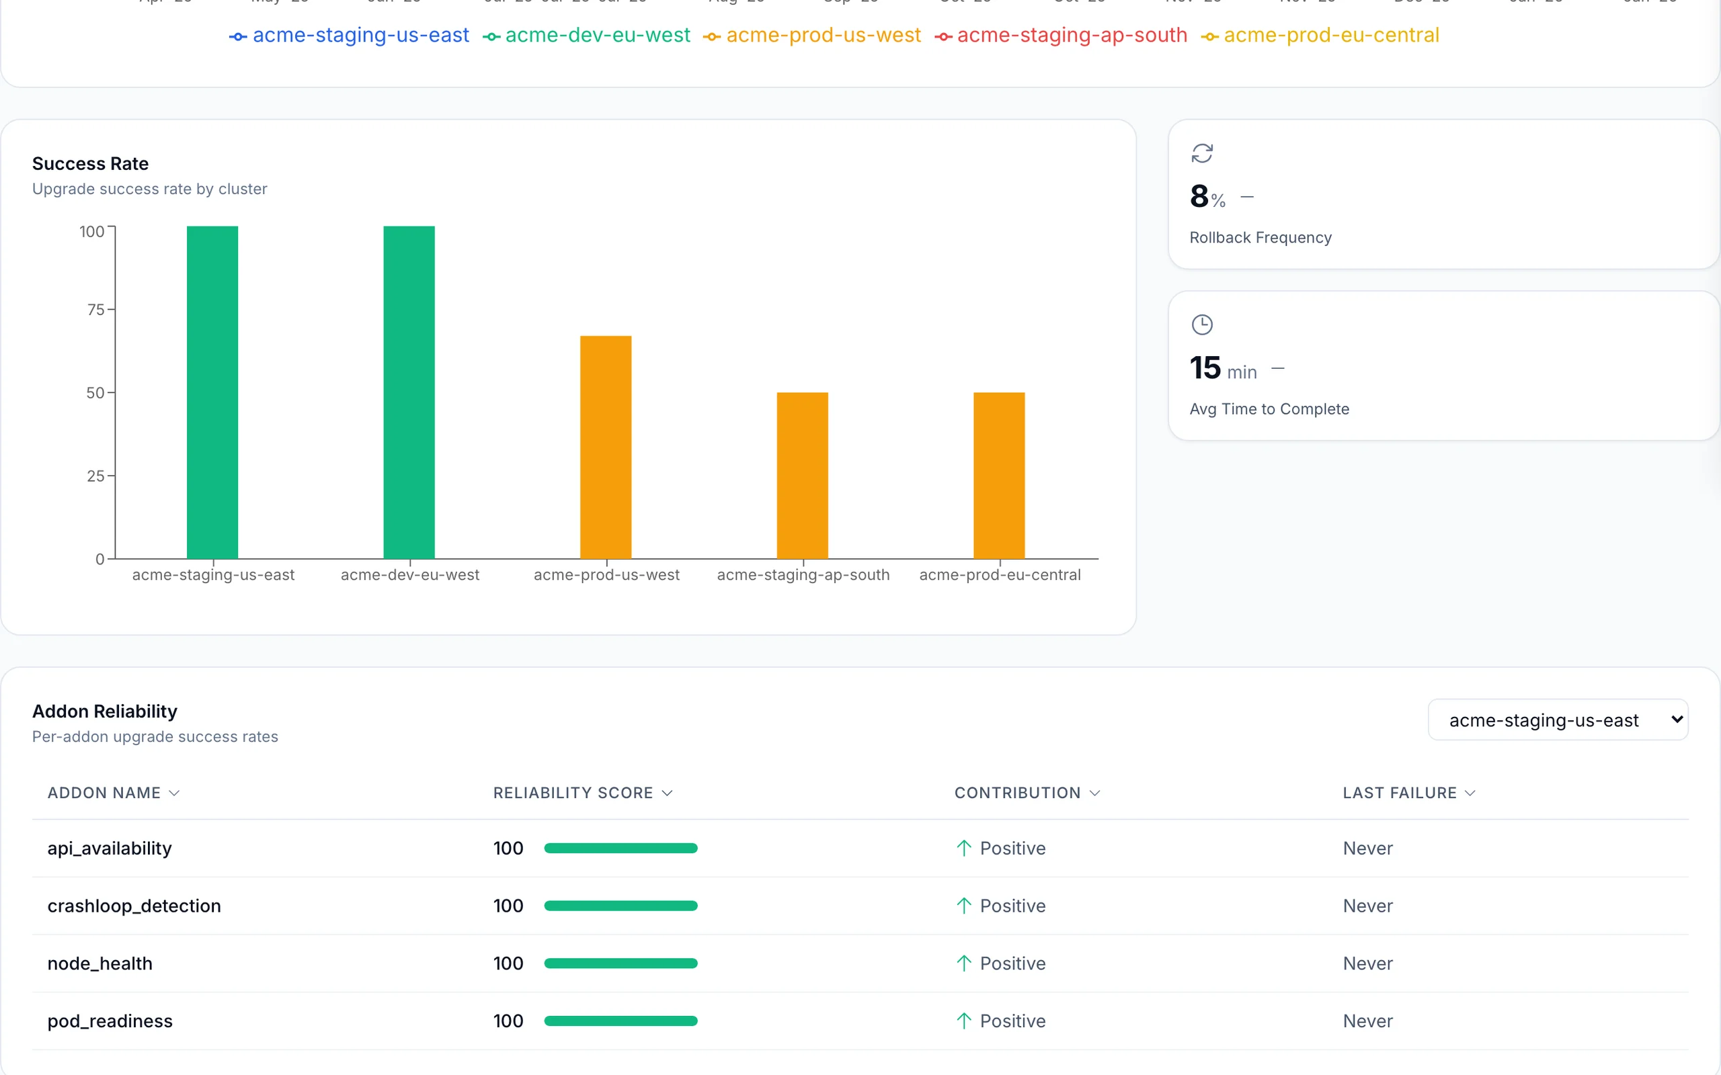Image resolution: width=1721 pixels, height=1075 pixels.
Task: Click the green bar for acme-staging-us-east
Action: (x=212, y=392)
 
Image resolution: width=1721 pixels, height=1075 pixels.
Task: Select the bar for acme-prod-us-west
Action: (x=606, y=447)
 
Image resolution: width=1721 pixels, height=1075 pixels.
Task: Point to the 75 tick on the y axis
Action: (x=96, y=309)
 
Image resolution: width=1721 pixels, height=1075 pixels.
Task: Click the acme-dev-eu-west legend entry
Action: (x=587, y=36)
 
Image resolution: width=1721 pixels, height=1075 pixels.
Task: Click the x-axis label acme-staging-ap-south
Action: (x=803, y=574)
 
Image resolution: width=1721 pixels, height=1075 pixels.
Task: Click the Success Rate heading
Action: (x=90, y=163)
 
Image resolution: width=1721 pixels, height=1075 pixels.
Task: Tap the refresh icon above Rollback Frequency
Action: (x=1202, y=154)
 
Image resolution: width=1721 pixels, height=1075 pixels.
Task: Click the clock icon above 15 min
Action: (x=1202, y=325)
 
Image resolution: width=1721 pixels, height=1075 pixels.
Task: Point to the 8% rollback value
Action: (x=1207, y=197)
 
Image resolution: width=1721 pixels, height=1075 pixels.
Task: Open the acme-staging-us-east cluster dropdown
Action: (x=1558, y=720)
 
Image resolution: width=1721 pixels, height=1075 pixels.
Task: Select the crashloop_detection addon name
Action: (x=134, y=906)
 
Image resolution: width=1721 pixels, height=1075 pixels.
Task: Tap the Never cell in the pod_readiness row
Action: (x=1367, y=1021)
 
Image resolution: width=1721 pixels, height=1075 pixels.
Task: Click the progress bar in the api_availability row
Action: (x=620, y=848)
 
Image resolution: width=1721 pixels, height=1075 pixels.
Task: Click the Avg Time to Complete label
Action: (x=1269, y=408)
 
